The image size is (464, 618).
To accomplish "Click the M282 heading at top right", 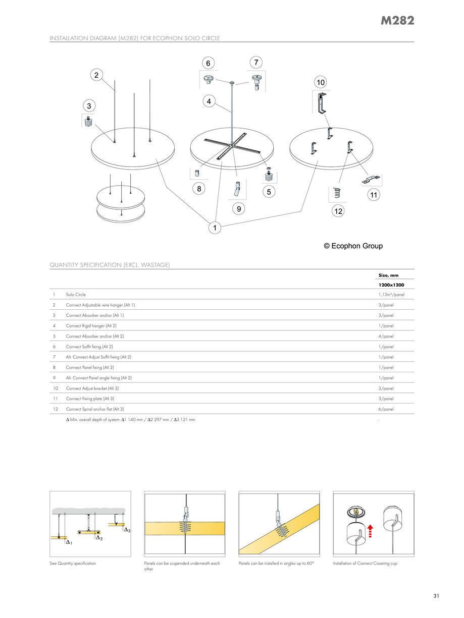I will [x=398, y=21].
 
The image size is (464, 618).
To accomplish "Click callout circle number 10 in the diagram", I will [x=320, y=82].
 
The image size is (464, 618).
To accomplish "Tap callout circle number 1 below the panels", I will [x=215, y=229].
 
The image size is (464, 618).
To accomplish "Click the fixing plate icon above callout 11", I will [x=372, y=179].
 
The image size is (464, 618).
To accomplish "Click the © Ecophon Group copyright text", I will [x=353, y=246].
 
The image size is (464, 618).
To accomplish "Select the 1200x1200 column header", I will [x=391, y=285].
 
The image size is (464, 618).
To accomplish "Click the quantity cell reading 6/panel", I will [x=386, y=409].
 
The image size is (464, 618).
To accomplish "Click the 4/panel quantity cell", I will [x=386, y=336].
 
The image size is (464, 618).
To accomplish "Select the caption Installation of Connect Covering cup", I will [x=365, y=563].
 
